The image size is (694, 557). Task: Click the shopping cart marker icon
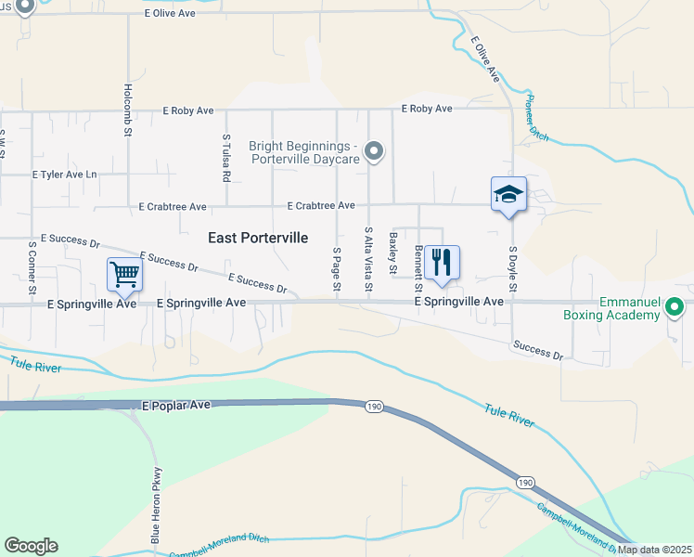tap(124, 274)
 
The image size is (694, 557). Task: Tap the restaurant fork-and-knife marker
tap(443, 263)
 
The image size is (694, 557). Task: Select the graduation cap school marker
tap(508, 194)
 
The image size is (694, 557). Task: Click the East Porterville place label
tap(258, 238)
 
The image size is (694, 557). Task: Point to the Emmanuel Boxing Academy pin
tap(675, 305)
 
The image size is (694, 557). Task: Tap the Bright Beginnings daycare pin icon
tap(373, 149)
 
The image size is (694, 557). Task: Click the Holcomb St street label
tap(128, 110)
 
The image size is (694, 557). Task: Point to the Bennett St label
tap(418, 265)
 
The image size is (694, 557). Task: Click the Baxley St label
tap(393, 253)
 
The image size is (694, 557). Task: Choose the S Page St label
tap(336, 271)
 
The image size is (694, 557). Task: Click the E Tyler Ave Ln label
tap(64, 175)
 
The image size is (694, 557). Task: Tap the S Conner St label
tap(32, 268)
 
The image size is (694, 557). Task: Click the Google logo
tap(31, 546)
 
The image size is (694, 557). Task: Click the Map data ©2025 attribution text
tap(653, 550)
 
